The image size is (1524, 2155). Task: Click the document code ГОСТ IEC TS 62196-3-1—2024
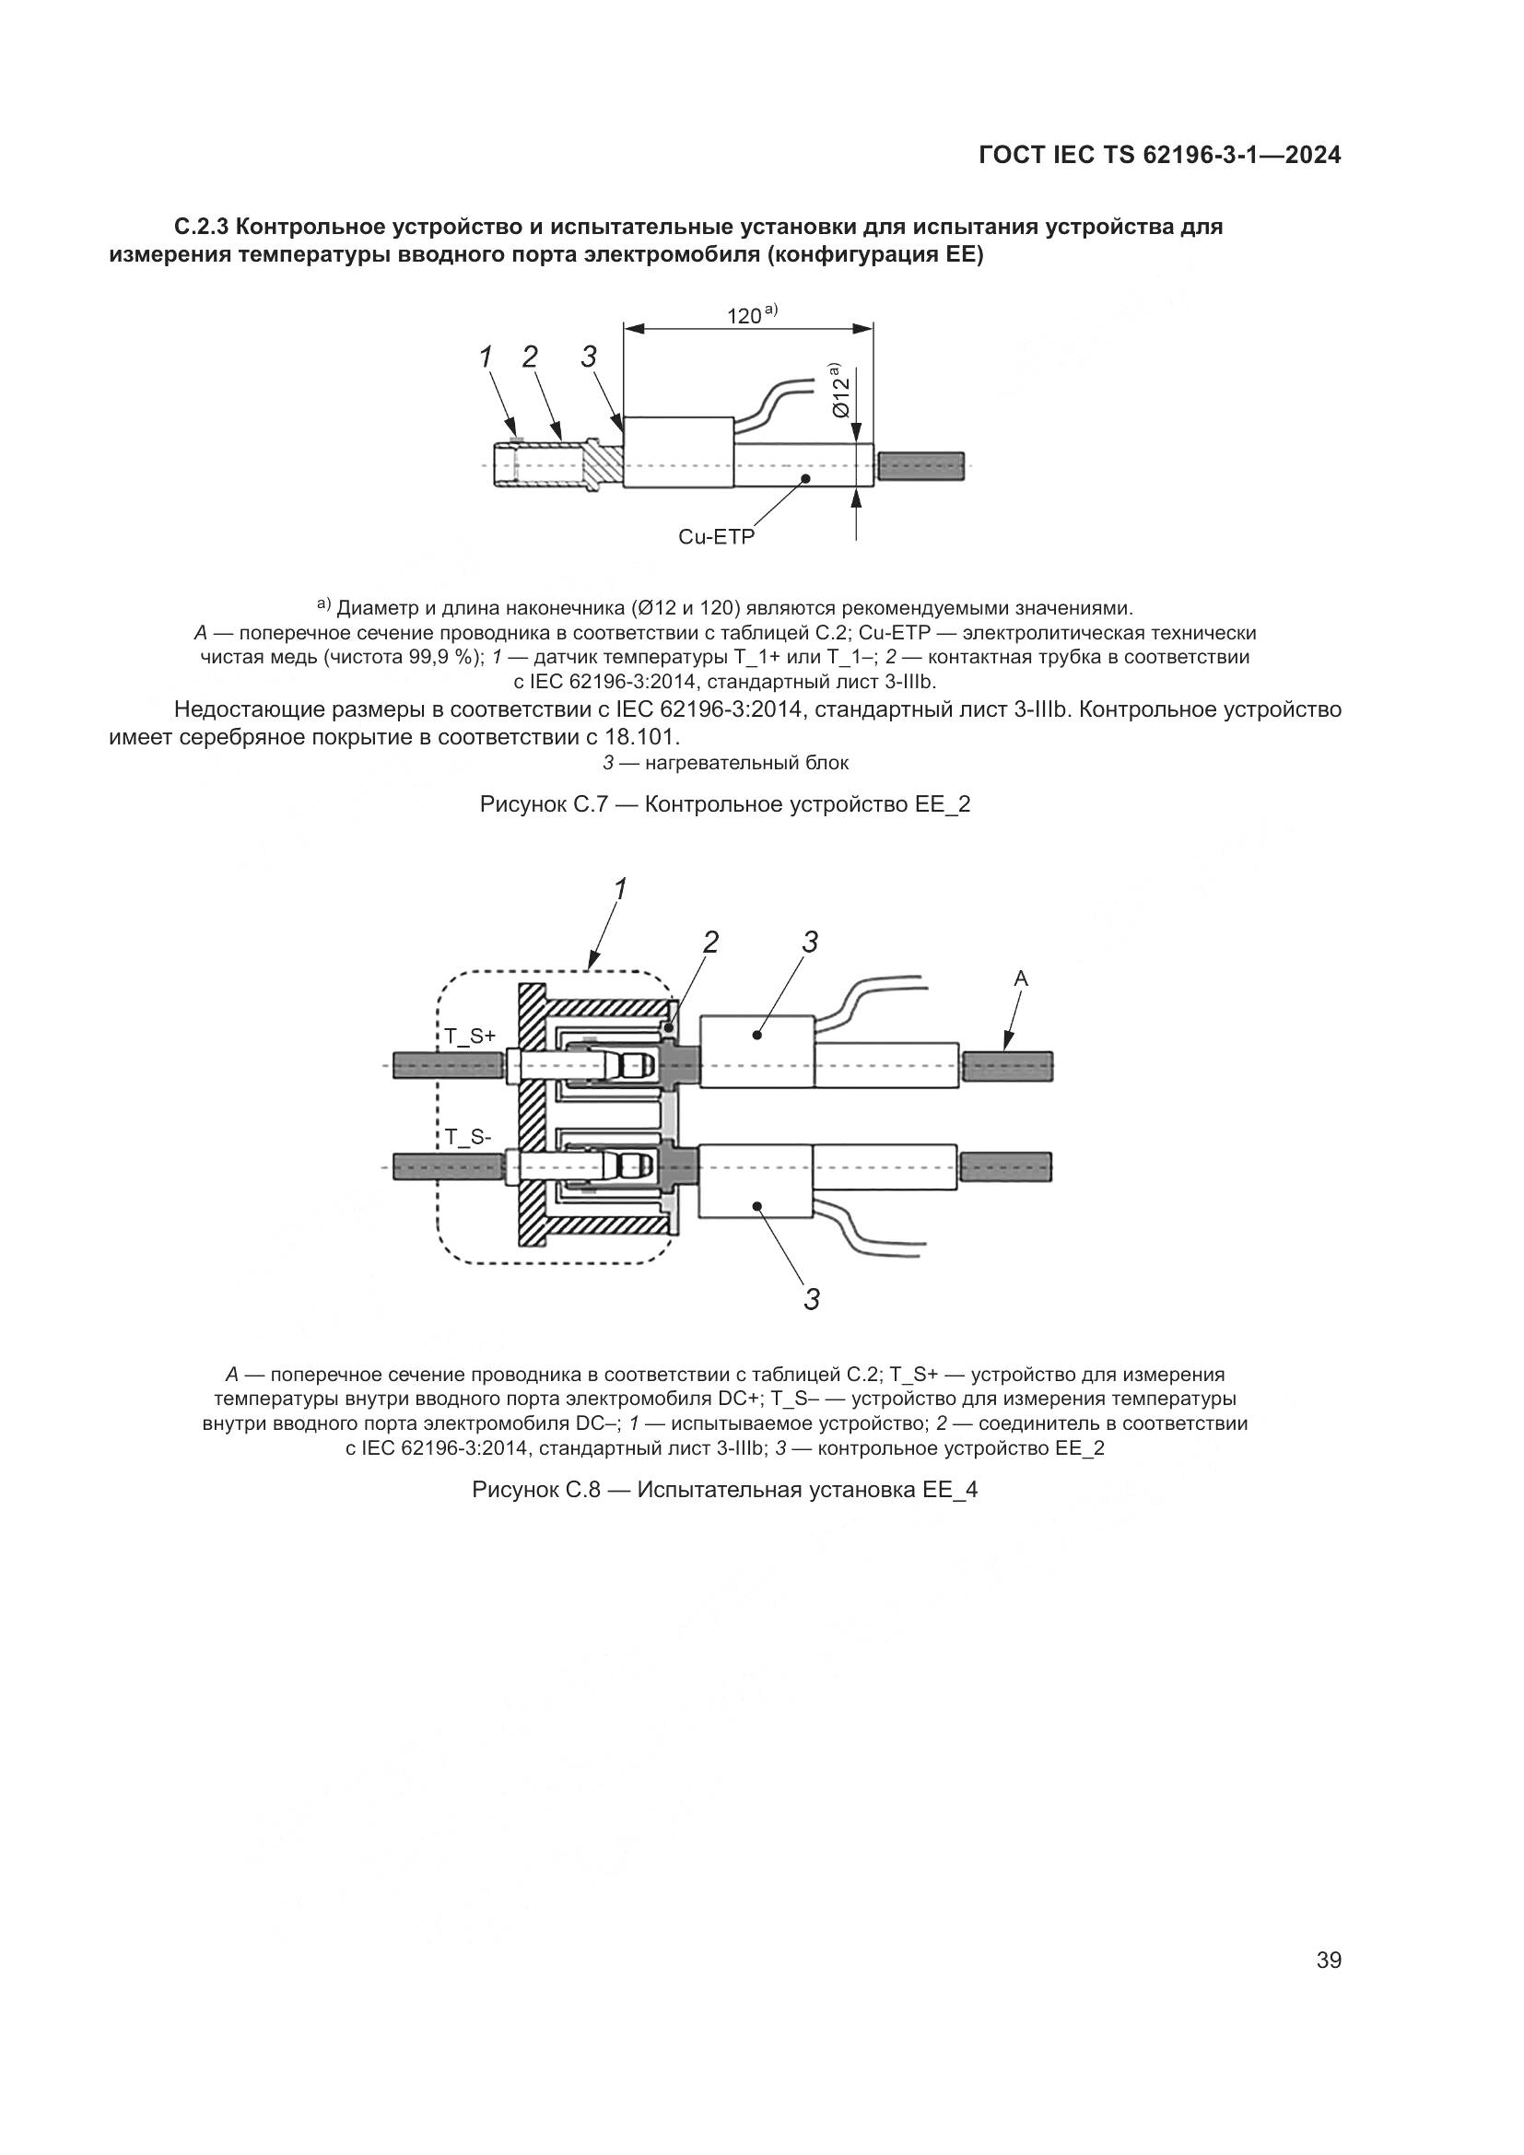(1160, 156)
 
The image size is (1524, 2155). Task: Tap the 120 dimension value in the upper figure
(744, 316)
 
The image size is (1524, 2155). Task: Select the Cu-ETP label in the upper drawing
(716, 537)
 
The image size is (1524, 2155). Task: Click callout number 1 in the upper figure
(487, 357)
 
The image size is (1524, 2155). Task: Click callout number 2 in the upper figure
(530, 357)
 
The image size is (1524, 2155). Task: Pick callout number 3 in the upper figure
(590, 357)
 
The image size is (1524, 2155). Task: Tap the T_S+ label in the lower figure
(469, 1037)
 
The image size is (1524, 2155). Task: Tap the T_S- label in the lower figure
(467, 1137)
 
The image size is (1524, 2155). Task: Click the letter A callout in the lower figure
(1021, 979)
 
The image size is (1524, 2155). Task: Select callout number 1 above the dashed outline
(619, 888)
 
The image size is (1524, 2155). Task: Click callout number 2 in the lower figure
(711, 942)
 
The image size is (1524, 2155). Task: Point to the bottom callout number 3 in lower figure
(812, 1300)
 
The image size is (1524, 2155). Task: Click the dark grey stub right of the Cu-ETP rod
(922, 466)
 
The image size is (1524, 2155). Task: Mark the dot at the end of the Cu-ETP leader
(805, 479)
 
